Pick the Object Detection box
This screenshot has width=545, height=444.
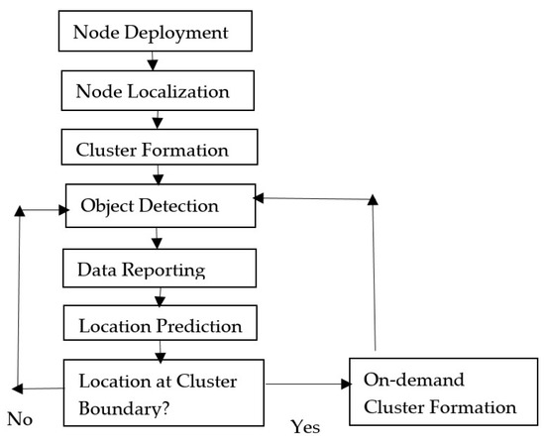pyautogui.click(x=159, y=208)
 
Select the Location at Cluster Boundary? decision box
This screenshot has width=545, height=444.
pyautogui.click(x=164, y=389)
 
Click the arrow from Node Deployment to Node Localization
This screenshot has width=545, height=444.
pyautogui.click(x=154, y=62)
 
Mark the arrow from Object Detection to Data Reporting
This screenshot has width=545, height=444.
pyautogui.click(x=156, y=239)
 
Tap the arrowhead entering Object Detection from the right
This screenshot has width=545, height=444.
pyautogui.click(x=261, y=198)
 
